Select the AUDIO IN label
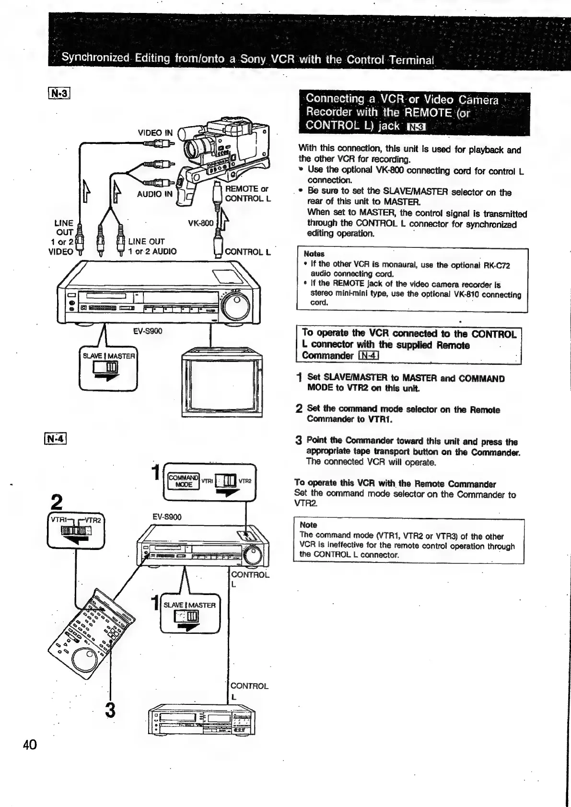[154, 194]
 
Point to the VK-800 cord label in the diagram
[200, 223]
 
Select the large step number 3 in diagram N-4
[110, 710]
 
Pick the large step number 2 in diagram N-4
[57, 503]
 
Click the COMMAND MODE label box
[183, 480]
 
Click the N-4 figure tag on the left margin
[56, 438]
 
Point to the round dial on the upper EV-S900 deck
[236, 305]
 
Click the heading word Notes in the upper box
[314, 254]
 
